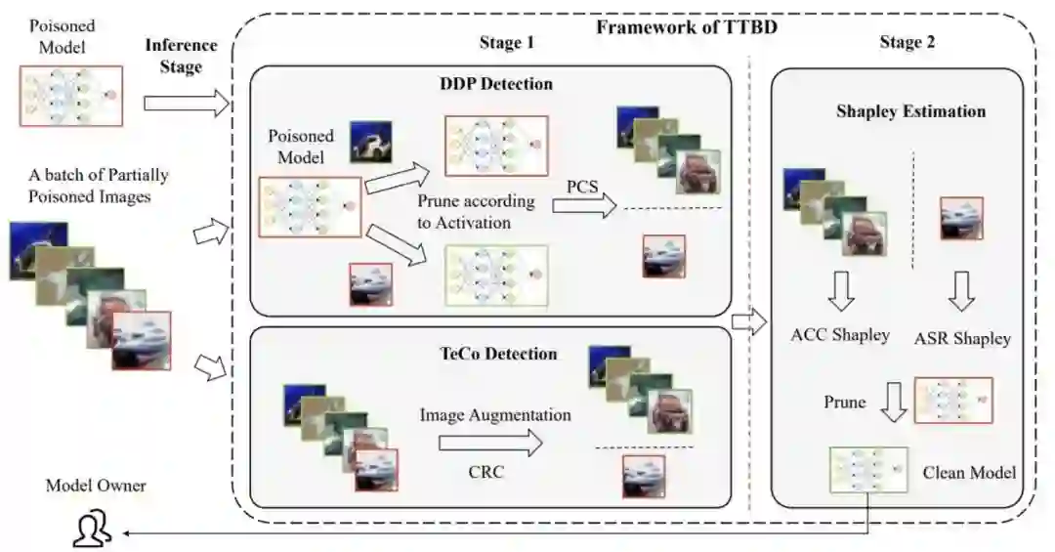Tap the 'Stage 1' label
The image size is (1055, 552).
(x=506, y=43)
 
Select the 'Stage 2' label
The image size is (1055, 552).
(x=907, y=42)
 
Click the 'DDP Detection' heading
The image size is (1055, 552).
(x=496, y=84)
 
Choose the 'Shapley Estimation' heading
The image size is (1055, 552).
(x=910, y=111)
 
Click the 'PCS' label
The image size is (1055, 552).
(x=584, y=185)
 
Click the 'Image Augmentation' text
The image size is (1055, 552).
(x=495, y=414)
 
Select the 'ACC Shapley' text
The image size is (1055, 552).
(x=840, y=334)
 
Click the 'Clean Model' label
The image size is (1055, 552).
(x=969, y=473)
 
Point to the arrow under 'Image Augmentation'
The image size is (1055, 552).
(x=489, y=443)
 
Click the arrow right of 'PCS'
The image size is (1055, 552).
(x=584, y=205)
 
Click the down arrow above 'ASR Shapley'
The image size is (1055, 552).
(x=962, y=289)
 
